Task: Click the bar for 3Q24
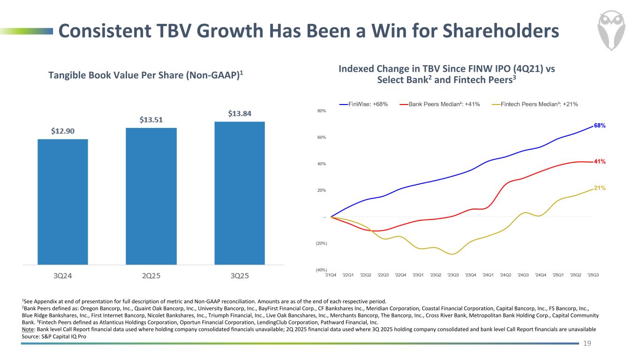63,202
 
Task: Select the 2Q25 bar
151,196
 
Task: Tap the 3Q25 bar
240,193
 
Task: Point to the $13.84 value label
240,113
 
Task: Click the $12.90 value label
63,131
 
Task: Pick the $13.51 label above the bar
151,120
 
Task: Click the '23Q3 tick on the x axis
453,275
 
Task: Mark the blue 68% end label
600,126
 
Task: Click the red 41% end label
600,162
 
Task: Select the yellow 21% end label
600,188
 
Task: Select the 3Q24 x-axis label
63,276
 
